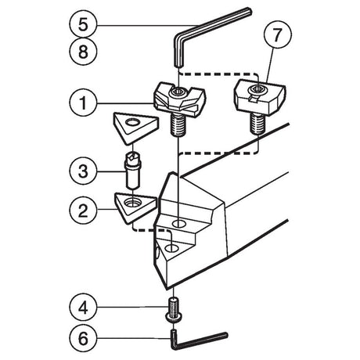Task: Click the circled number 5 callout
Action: tap(83, 25)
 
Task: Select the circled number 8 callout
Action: tap(83, 52)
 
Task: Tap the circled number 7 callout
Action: tap(278, 34)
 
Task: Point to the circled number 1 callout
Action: tap(83, 103)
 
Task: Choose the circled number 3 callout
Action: tap(83, 171)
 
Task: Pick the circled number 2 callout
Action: tap(83, 210)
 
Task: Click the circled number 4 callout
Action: tap(83, 308)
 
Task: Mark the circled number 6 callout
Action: tap(83, 338)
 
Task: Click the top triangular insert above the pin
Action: tap(135, 128)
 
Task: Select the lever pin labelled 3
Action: tap(133, 171)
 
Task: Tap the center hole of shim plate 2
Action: tap(132, 201)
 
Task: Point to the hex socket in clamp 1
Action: tap(178, 91)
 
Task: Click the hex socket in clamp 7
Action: tap(257, 89)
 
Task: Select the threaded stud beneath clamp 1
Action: tap(178, 125)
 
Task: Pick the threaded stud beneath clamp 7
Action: tap(257, 124)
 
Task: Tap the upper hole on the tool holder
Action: tap(178, 224)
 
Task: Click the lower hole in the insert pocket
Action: tap(171, 248)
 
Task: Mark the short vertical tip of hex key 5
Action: tap(178, 52)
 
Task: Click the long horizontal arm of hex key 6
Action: tap(200, 340)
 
